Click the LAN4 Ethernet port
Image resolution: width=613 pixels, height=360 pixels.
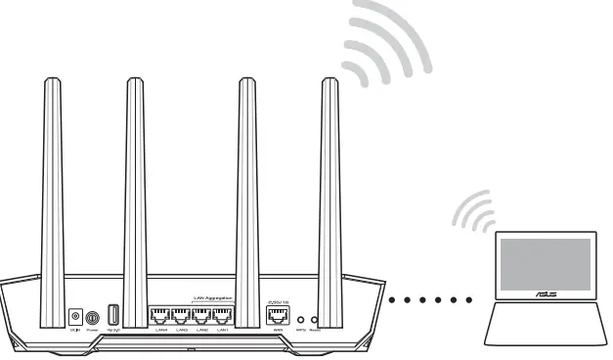pos(159,317)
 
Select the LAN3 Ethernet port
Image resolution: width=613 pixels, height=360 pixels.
pos(181,317)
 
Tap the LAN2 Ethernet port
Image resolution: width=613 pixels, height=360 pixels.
pos(202,317)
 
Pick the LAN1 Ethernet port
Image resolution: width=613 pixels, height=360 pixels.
pos(224,317)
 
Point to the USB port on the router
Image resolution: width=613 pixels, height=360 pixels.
pos(113,316)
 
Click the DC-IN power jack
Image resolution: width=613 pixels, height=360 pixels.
pos(75,317)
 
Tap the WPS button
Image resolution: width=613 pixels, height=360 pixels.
pos(301,319)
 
